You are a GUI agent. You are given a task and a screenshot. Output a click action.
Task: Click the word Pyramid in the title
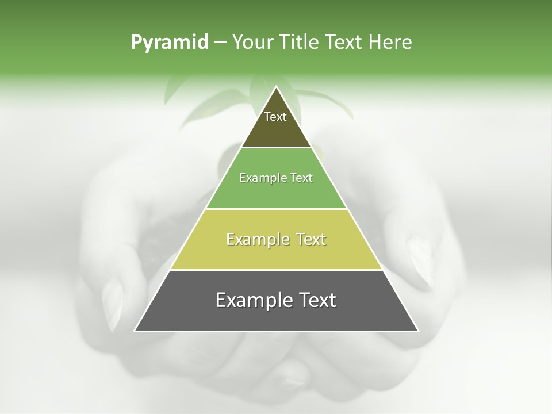click(169, 43)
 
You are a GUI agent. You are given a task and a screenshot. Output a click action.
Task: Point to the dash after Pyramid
click(220, 43)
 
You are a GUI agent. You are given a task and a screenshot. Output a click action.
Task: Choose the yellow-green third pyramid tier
click(276, 253)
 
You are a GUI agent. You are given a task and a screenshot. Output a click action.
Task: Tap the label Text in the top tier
click(275, 117)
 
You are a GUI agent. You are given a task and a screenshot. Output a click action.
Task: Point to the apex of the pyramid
click(277, 87)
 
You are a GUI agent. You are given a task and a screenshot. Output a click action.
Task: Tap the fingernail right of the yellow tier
click(421, 262)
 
